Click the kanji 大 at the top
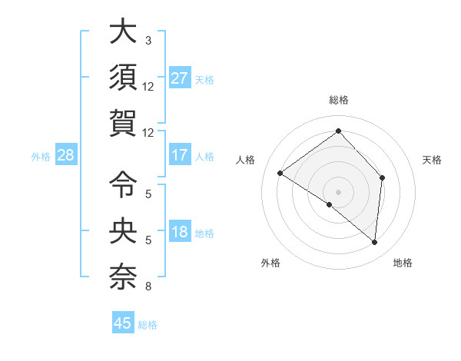(123, 32)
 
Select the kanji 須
(123, 77)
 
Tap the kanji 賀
(123, 124)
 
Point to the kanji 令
(123, 184)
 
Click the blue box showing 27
(179, 78)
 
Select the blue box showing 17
(179, 155)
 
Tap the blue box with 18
(179, 233)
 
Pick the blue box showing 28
(65, 155)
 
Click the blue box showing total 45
(123, 323)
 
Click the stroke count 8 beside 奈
(148, 287)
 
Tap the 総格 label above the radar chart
(338, 101)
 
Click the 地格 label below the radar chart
(403, 263)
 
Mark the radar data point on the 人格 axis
(280, 173)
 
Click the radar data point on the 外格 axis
(330, 204)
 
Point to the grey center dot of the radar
(338, 191)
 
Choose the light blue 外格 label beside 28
(41, 157)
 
